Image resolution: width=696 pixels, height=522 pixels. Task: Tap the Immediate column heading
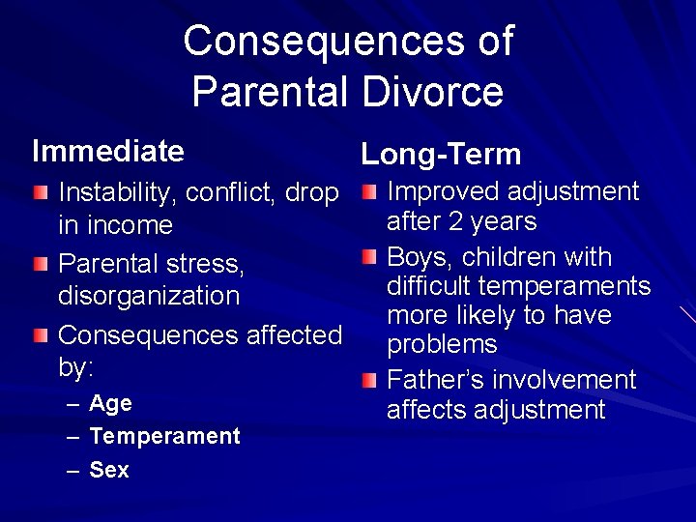[107, 152]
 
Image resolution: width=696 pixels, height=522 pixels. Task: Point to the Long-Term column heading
[441, 155]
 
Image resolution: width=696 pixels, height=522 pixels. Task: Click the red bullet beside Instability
[39, 193]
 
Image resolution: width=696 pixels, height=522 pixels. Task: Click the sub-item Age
[110, 403]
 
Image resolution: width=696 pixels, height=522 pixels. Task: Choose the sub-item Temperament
[164, 436]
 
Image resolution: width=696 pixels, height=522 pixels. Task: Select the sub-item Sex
[108, 470]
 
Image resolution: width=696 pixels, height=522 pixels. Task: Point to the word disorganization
[149, 296]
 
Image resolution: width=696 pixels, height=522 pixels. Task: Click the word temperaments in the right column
[575, 287]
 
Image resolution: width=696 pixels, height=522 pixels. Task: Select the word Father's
[432, 380]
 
